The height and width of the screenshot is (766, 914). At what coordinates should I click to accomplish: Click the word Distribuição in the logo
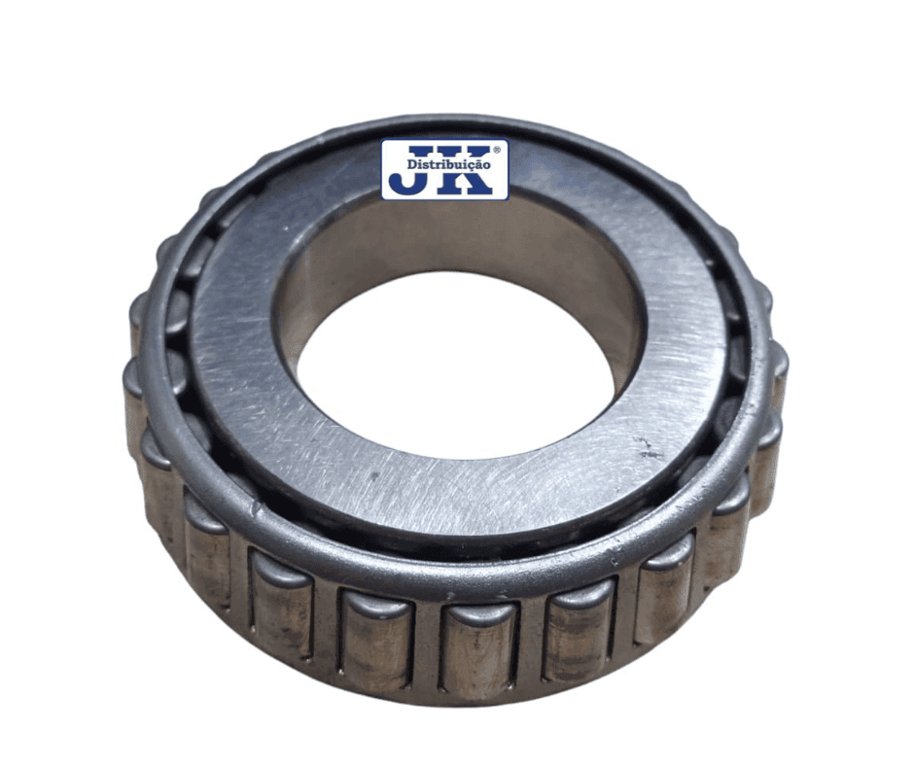click(x=448, y=165)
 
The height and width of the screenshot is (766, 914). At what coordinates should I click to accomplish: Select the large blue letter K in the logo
click(x=468, y=169)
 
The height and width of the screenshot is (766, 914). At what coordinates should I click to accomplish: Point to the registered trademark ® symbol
click(x=497, y=151)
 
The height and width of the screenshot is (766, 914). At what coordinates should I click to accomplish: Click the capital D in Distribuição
click(x=411, y=165)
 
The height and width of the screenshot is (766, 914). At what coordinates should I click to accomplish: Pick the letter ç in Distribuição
click(x=470, y=166)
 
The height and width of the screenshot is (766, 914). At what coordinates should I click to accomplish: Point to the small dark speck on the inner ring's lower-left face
click(x=373, y=475)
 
